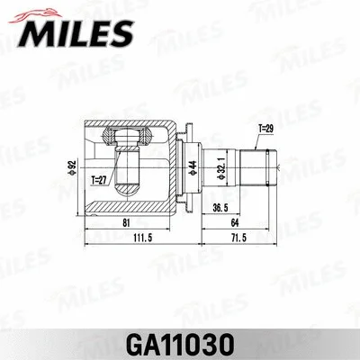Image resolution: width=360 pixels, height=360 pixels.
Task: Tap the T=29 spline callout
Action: tap(264, 128)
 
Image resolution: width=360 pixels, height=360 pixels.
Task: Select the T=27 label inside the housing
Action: tap(98, 180)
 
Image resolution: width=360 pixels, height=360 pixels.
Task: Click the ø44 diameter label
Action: tap(191, 166)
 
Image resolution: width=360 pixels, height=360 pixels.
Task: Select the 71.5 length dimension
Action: tap(238, 238)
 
